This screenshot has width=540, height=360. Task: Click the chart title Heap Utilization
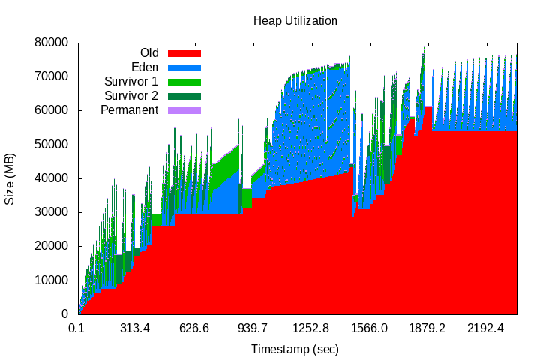pyautogui.click(x=295, y=21)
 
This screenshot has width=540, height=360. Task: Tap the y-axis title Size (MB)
pyautogui.click(x=10, y=178)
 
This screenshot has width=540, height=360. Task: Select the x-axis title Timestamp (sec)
pyautogui.click(x=295, y=349)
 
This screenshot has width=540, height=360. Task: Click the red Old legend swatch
pyautogui.click(x=184, y=53)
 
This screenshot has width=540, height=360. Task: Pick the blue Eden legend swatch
pyautogui.click(x=184, y=67)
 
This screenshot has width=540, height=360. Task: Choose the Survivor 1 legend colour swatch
pyautogui.click(x=184, y=82)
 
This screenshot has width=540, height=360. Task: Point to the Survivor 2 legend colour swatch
pyautogui.click(x=184, y=96)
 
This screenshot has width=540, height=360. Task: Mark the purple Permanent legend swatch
pyautogui.click(x=184, y=110)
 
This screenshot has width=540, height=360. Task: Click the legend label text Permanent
pyautogui.click(x=130, y=110)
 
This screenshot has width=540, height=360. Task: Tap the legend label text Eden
pyautogui.click(x=145, y=67)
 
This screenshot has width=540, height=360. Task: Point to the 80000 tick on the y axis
pyautogui.click(x=52, y=43)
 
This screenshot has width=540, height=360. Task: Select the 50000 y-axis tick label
pyautogui.click(x=52, y=144)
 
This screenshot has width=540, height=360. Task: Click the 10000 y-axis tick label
pyautogui.click(x=52, y=280)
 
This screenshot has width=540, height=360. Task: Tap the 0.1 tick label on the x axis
pyautogui.click(x=76, y=328)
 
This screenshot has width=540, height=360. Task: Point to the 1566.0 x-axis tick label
pyautogui.click(x=369, y=328)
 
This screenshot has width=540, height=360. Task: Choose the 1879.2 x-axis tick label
pyautogui.click(x=427, y=328)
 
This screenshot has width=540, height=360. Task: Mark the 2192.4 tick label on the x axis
pyautogui.click(x=486, y=328)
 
